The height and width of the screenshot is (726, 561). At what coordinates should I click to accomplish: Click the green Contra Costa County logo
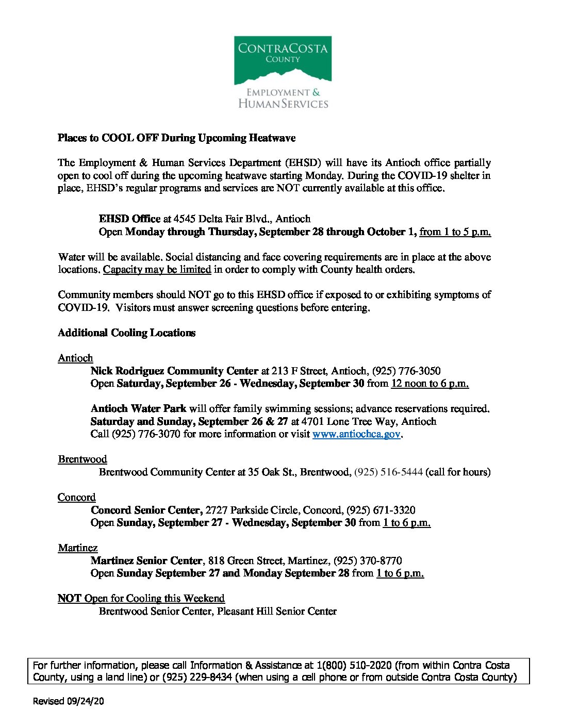pyautogui.click(x=283, y=60)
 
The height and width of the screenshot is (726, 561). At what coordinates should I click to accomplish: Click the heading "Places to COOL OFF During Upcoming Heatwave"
pyautogui.click(x=176, y=138)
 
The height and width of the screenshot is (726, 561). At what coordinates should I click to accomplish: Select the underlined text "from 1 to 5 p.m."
pyautogui.click(x=455, y=232)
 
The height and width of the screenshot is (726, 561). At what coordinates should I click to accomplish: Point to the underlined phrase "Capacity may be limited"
pyautogui.click(x=157, y=269)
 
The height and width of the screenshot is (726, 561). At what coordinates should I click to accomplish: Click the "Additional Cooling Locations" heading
pyautogui.click(x=126, y=333)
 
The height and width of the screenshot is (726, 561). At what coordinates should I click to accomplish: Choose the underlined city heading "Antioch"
pyautogui.click(x=75, y=358)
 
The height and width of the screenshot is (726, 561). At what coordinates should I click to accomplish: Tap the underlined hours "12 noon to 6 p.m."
pyautogui.click(x=430, y=383)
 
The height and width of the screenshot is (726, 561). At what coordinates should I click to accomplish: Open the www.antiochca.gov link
pyautogui.click(x=356, y=434)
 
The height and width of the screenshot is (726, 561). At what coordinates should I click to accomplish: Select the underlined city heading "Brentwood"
pyautogui.click(x=82, y=459)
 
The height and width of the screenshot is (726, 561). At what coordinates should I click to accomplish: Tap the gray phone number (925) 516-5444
pyautogui.click(x=388, y=472)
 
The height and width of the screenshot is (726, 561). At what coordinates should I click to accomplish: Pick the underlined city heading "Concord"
pyautogui.click(x=76, y=497)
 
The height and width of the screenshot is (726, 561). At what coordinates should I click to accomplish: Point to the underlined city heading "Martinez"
pyautogui.click(x=77, y=548)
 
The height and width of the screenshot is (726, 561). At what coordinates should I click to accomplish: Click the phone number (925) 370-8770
pyautogui.click(x=368, y=560)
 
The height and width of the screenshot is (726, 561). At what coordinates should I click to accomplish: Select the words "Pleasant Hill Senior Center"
pyautogui.click(x=277, y=611)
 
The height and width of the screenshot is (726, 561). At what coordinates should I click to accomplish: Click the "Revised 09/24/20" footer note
pyautogui.click(x=69, y=701)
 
